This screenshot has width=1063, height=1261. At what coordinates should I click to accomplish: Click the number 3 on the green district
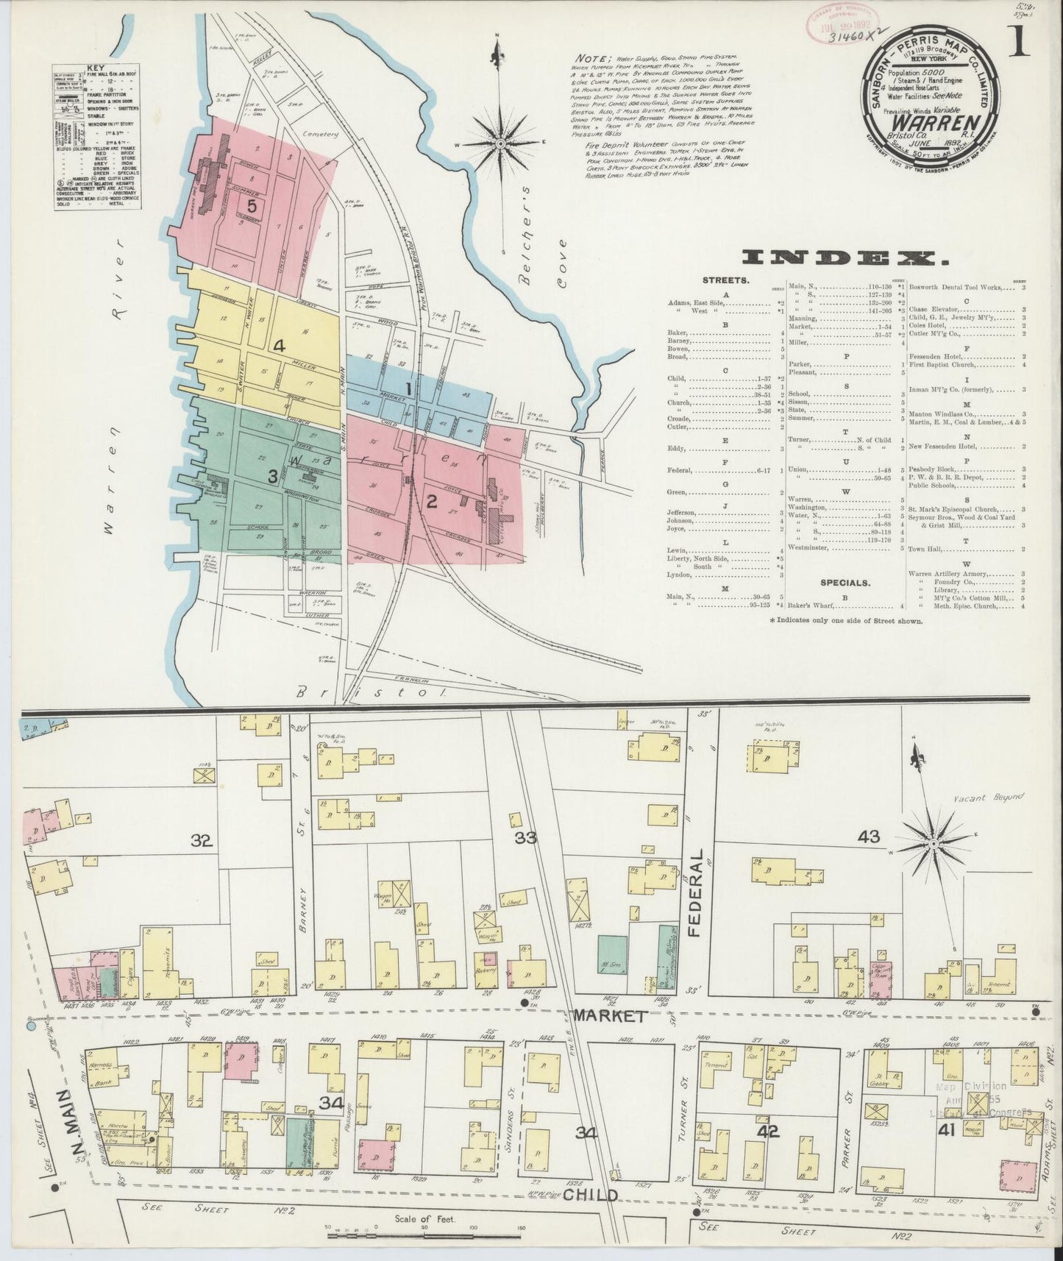[x=272, y=477]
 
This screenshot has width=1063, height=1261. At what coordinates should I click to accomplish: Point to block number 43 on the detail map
[x=869, y=836]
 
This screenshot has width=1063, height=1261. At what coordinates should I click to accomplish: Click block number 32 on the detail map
[x=202, y=842]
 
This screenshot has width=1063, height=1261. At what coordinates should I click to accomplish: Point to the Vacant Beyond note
[x=986, y=797]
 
